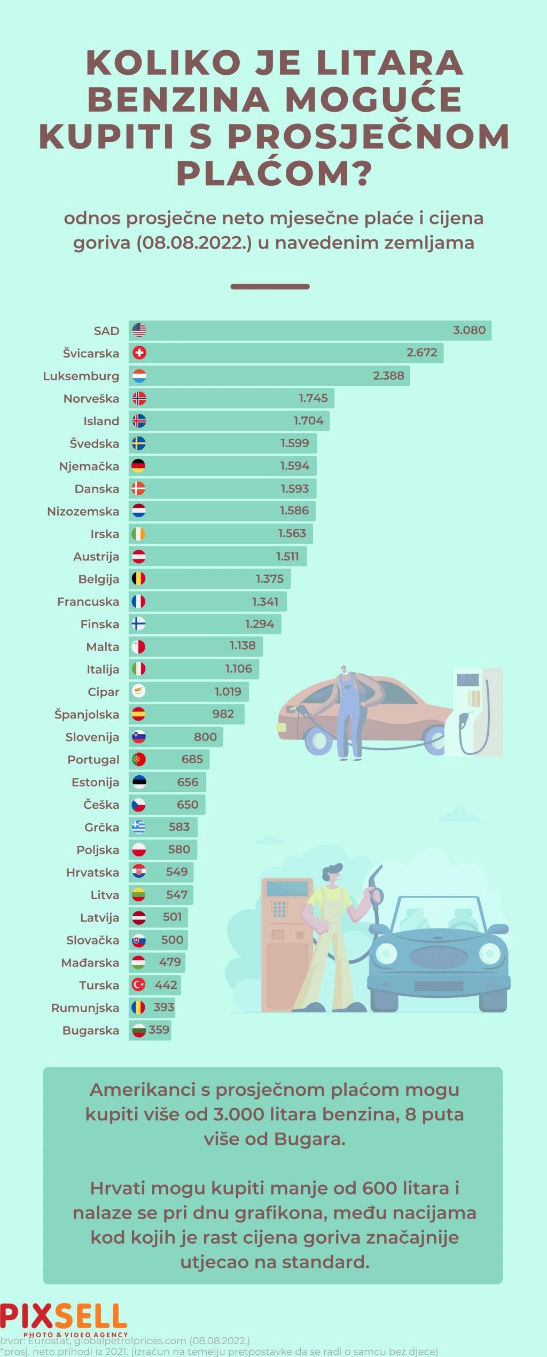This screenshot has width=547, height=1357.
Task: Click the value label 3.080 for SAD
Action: (x=469, y=330)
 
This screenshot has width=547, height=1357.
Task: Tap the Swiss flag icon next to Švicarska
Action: (x=139, y=353)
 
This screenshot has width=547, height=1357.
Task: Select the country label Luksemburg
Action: (x=81, y=376)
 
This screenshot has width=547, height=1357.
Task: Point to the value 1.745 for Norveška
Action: (x=313, y=398)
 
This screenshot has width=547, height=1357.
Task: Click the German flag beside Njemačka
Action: (x=138, y=466)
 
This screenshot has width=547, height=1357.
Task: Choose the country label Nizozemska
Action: (x=83, y=511)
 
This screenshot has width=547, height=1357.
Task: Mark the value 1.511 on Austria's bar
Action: (x=287, y=556)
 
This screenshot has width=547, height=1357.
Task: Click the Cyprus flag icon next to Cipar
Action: (x=139, y=691)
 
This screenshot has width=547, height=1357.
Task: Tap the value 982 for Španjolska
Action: (x=223, y=714)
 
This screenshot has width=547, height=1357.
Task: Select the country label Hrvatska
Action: (x=92, y=872)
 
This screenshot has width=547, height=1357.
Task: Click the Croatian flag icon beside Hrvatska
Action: (x=139, y=872)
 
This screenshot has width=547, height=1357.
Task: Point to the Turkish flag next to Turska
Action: (x=139, y=985)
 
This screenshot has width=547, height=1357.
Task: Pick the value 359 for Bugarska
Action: (x=159, y=1030)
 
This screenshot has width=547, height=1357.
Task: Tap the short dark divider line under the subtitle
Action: (x=270, y=287)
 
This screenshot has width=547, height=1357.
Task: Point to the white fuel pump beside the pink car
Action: (x=473, y=711)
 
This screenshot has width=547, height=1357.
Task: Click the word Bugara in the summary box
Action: (x=309, y=1139)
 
